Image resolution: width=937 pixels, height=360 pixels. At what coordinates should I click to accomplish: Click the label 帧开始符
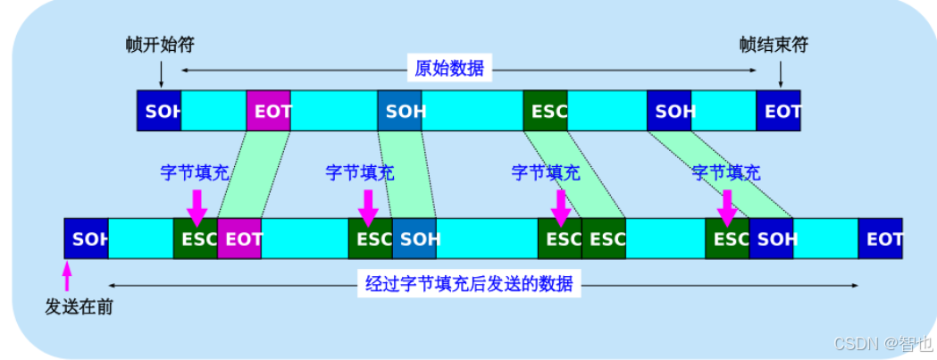pyautogui.click(x=160, y=45)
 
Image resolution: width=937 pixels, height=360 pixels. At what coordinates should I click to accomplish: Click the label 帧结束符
pyautogui.click(x=774, y=45)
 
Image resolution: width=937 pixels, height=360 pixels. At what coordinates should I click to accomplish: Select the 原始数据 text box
pyautogui.click(x=449, y=70)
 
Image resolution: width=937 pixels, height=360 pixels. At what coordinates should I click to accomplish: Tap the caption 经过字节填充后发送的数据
pyautogui.click(x=469, y=284)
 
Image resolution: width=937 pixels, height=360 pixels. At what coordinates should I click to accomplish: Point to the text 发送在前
pyautogui.click(x=79, y=306)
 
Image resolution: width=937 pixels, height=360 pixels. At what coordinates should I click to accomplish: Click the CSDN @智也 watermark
pyautogui.click(x=883, y=343)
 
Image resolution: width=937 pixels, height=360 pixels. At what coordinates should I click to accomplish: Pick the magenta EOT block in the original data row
pyautogui.click(x=268, y=111)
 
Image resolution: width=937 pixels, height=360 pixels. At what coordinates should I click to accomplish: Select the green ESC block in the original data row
pyautogui.click(x=546, y=111)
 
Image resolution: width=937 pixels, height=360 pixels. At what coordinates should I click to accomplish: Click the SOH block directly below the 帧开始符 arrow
pyautogui.click(x=159, y=111)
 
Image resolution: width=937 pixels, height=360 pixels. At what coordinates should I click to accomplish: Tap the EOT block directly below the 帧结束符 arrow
pyautogui.click(x=778, y=111)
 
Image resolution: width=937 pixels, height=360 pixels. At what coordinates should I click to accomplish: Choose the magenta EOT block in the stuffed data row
pyautogui.click(x=239, y=239)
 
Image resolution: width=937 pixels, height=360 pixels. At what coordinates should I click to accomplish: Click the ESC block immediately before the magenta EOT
pyautogui.click(x=196, y=239)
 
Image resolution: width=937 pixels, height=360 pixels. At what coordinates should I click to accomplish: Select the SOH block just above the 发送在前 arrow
pyautogui.click(x=86, y=239)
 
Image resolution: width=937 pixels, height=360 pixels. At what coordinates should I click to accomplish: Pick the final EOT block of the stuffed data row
pyautogui.click(x=880, y=239)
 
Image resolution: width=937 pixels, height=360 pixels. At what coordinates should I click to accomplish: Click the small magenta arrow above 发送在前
pyautogui.click(x=67, y=276)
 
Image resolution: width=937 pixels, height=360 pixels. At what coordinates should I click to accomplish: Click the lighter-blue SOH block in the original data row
pyautogui.click(x=400, y=111)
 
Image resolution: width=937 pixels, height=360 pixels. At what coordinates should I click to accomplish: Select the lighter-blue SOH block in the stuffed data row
pyautogui.click(x=414, y=239)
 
